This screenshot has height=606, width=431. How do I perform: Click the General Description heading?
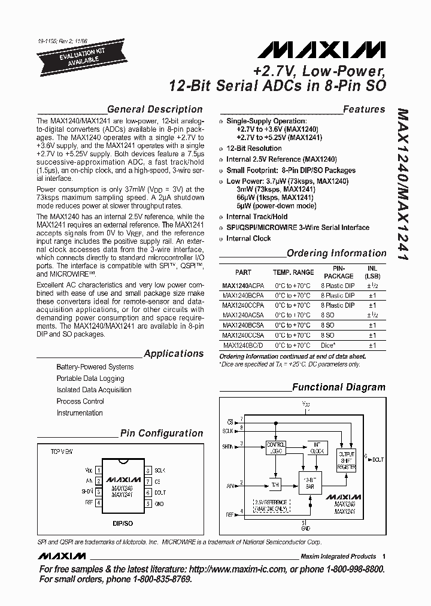coord(154,109)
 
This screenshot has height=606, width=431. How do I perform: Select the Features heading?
coord(364,109)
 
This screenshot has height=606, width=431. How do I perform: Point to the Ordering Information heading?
coord(336,253)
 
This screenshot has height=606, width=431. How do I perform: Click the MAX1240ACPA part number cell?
coord(243,286)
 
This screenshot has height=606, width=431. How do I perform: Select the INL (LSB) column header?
coord(372,272)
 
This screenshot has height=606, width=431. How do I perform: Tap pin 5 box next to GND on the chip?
coord(148,504)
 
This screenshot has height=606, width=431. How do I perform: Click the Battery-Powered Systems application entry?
coord(95,366)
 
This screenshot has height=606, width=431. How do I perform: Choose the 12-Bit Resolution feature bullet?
coord(253,149)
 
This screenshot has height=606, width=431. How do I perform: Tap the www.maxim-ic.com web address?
coord(252,569)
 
